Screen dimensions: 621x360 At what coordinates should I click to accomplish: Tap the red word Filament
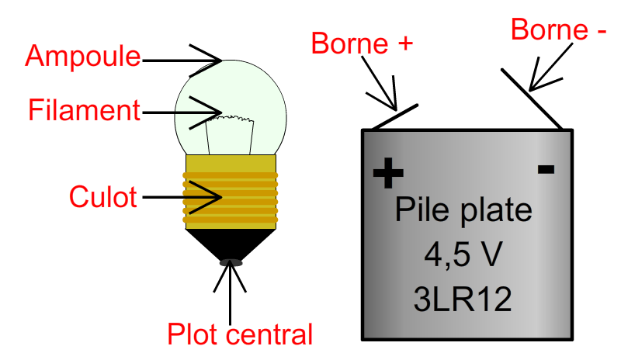[85, 109]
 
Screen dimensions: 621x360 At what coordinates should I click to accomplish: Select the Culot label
[103, 196]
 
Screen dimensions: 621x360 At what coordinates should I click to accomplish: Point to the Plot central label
[240, 334]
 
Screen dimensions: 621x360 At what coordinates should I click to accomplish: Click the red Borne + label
[362, 43]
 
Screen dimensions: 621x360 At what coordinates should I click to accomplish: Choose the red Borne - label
[558, 29]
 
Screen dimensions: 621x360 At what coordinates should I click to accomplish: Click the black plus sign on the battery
[388, 173]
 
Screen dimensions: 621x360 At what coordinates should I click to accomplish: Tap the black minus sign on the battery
[546, 169]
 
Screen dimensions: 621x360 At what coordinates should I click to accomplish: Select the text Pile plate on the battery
[463, 210]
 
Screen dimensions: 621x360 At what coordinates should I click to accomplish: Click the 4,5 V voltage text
[463, 254]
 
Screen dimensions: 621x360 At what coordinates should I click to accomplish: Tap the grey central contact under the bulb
[231, 262]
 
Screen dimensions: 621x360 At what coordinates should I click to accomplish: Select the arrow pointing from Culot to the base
[182, 197]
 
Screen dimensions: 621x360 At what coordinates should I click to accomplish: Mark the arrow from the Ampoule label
[182, 61]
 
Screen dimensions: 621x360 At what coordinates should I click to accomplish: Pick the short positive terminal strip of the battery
[395, 117]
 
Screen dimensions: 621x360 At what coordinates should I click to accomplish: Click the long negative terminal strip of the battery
[532, 99]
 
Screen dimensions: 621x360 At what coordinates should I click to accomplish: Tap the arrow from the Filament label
[182, 112]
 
